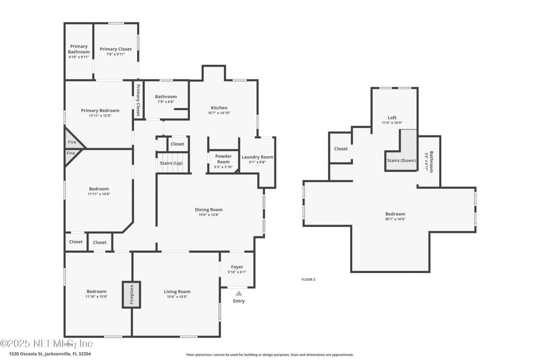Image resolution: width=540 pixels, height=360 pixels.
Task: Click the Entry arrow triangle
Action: (239, 293)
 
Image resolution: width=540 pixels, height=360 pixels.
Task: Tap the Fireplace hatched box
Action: (132, 295)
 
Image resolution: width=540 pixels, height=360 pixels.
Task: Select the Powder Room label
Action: (223, 159)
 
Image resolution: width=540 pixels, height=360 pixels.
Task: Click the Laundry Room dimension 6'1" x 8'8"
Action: (257, 162)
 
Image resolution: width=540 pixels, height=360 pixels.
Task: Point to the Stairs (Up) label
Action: (171, 163)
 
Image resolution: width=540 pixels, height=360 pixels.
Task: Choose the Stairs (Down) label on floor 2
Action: (401, 160)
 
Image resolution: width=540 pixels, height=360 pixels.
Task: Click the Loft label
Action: (392, 118)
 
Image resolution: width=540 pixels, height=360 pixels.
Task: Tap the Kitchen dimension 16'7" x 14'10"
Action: (219, 113)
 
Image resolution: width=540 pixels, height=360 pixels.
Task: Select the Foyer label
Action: (237, 267)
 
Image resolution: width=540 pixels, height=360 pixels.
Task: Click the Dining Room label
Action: (209, 210)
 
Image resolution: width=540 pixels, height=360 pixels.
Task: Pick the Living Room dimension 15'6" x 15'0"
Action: (177, 297)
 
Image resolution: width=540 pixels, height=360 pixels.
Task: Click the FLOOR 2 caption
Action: (308, 279)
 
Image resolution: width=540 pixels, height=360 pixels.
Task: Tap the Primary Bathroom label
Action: (79, 49)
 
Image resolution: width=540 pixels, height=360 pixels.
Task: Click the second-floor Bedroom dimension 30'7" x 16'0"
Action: (395, 219)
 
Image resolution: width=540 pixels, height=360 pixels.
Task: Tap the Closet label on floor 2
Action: (341, 149)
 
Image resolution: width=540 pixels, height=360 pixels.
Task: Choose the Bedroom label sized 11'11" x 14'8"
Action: (99, 189)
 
